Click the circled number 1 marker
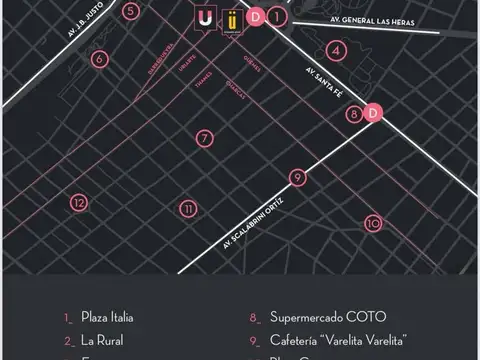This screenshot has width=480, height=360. (x=278, y=16)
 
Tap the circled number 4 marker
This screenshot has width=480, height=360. (x=338, y=50)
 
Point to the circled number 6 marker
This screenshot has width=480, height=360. (x=99, y=59)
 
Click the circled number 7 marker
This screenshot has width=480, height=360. (x=204, y=138)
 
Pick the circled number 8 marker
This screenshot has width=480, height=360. (x=354, y=114)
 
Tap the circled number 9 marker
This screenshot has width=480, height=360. (x=297, y=177)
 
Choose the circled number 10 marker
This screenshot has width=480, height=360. (x=373, y=223)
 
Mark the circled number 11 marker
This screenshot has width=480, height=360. (x=187, y=209)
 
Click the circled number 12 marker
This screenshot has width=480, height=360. (x=79, y=202)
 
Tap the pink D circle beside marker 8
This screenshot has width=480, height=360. (x=373, y=113)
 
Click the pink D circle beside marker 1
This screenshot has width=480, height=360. (x=256, y=16)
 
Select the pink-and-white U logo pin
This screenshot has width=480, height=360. (x=205, y=19)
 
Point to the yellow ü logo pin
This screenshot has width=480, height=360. (x=232, y=19)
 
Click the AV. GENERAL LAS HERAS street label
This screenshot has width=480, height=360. (x=374, y=20)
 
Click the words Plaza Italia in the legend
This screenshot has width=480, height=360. (x=107, y=317)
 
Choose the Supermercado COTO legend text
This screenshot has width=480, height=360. (x=313, y=317)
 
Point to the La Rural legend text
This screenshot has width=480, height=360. (x=102, y=340)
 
